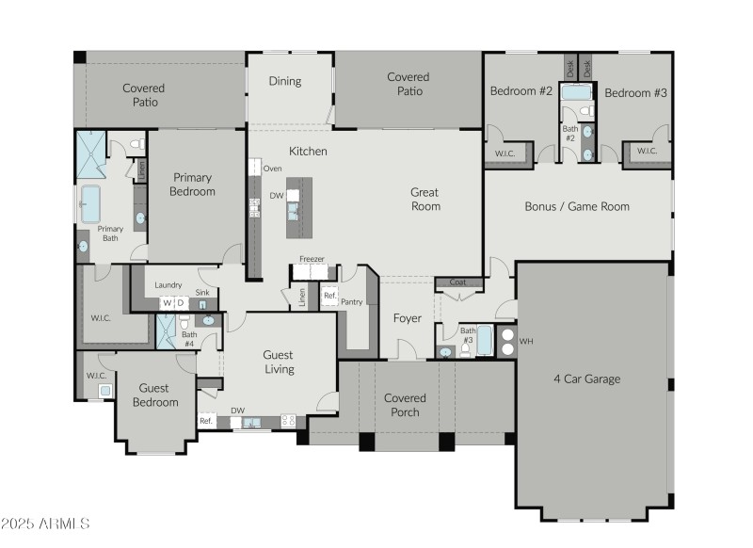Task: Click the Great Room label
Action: point(425,199)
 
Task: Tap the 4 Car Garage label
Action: point(587,379)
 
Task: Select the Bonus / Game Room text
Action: point(577,206)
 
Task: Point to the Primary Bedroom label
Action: point(192,185)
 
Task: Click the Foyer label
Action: point(407,318)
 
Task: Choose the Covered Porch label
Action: point(405,405)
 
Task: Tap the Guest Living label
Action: point(279,362)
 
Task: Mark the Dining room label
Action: point(285,81)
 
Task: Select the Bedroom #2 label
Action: point(521,91)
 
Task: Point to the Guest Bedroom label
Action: point(154,395)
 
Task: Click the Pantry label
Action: point(352,302)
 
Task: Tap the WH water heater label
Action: point(526,341)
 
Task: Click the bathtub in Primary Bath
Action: point(91,203)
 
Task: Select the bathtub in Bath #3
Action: point(484,341)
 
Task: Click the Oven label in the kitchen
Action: point(272,169)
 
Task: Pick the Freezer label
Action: point(312,259)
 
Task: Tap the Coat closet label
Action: point(457,282)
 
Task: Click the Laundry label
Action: point(168,285)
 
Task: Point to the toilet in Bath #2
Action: point(585,112)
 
